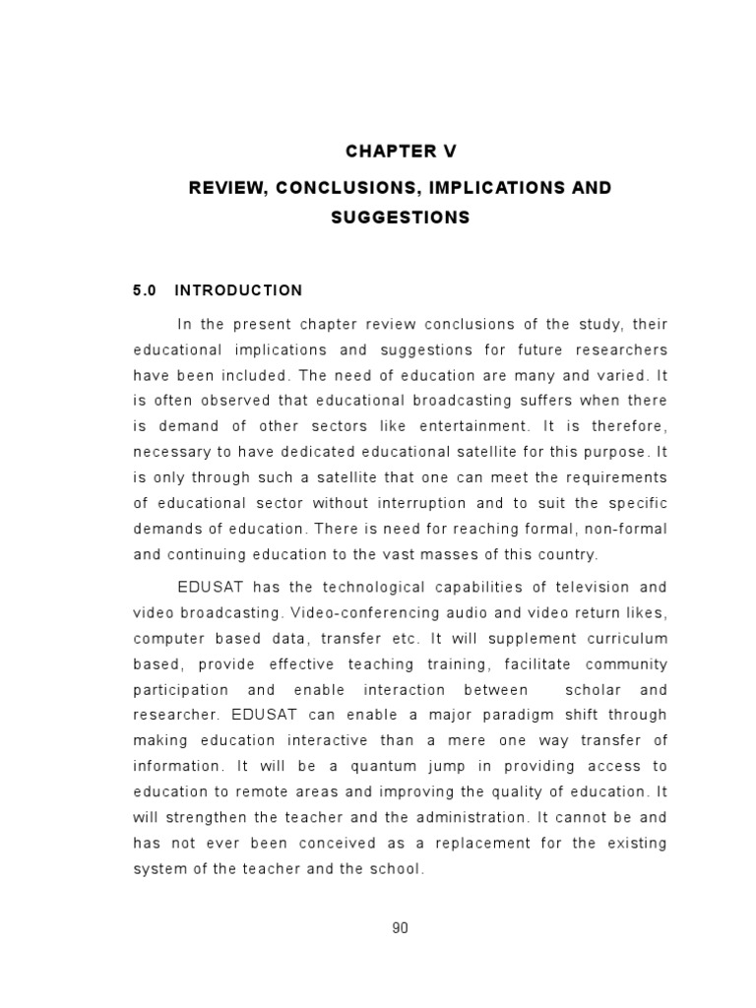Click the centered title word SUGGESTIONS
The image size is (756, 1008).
pos(400,218)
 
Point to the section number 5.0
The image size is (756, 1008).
pos(146,290)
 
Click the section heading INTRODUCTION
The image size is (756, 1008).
pos(238,290)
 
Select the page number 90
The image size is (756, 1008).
pos(400,928)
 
